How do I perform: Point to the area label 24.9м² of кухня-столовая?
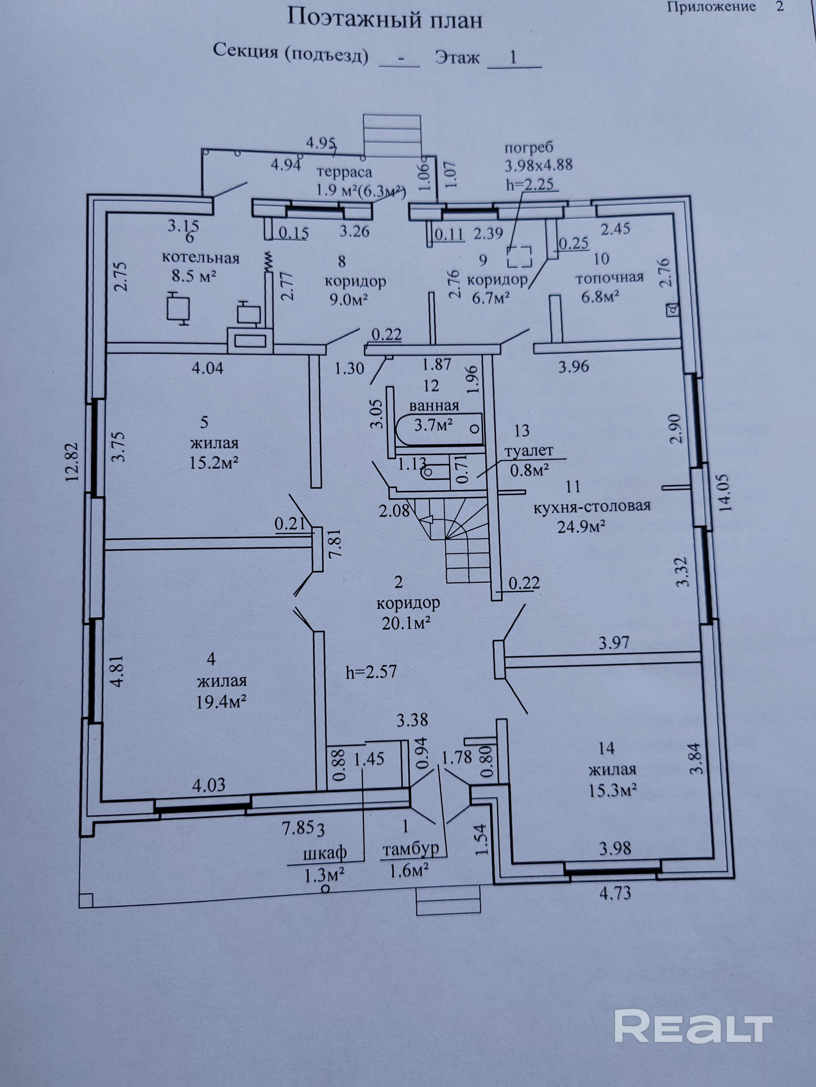(581, 527)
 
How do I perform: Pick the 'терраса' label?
(344, 172)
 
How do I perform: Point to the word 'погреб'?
(529, 148)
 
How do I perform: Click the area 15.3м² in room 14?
(613, 791)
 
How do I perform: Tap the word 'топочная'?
(609, 278)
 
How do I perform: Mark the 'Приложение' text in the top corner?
(711, 7)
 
